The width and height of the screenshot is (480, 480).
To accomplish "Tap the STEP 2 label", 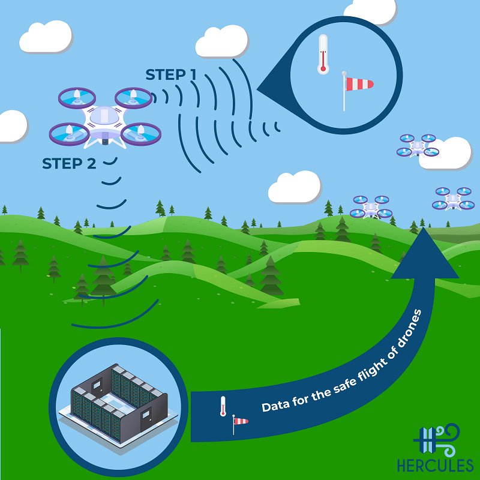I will (x=70, y=163).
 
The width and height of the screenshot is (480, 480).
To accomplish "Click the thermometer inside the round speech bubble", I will (x=323, y=54).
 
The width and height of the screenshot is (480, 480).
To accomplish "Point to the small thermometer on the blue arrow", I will (x=223, y=406).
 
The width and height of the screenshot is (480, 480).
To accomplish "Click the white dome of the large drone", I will (x=104, y=116).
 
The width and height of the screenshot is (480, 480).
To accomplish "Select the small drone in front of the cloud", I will (x=417, y=146).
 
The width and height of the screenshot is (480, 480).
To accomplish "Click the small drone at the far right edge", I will (x=453, y=199).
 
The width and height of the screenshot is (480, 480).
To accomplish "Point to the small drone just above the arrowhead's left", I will (x=371, y=206).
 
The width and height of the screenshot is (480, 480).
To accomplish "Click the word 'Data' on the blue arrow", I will (x=274, y=406).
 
